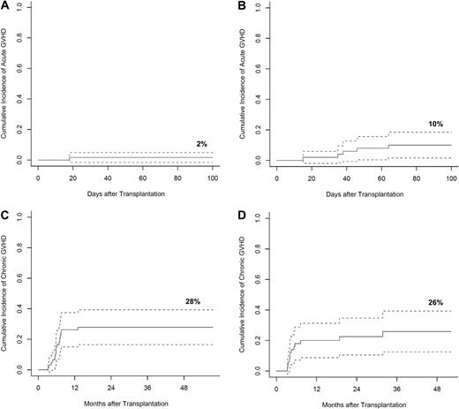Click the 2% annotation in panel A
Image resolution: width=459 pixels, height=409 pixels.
point(203,143)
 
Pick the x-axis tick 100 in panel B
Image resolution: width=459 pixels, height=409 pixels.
point(450,178)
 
